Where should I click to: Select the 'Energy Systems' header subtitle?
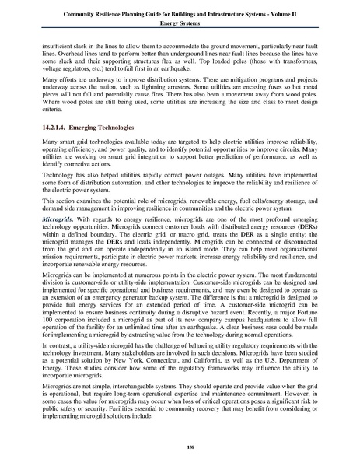(x=180, y=23)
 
